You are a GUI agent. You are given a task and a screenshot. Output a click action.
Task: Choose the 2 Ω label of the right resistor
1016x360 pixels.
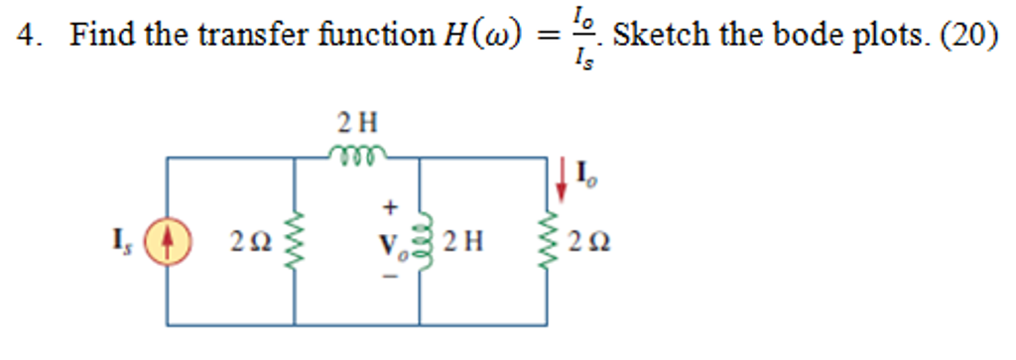[x=588, y=241]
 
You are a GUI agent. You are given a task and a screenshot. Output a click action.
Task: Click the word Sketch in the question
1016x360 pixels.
[x=659, y=36]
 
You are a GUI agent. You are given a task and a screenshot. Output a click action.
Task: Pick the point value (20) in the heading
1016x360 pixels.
[x=967, y=36]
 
